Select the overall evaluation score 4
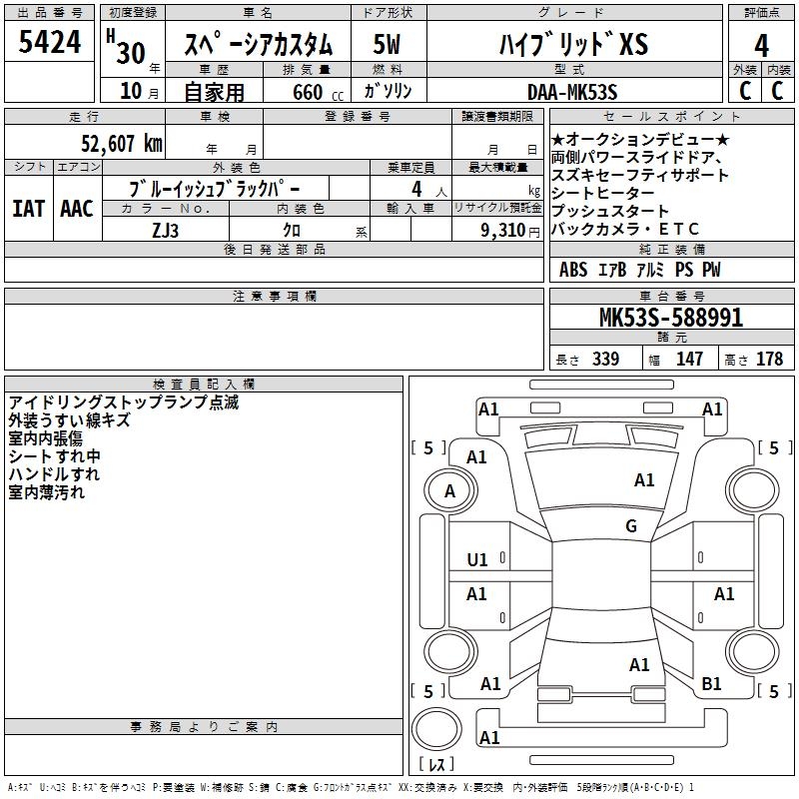tap(761, 45)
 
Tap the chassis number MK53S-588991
tap(670, 319)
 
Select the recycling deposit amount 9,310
tap(500, 230)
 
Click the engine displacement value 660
tap(308, 93)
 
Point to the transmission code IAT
tap(28, 209)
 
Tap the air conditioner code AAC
tap(77, 209)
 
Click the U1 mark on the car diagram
tap(477, 559)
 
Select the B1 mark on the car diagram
tap(711, 684)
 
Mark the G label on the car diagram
tap(631, 526)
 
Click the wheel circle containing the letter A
tap(449, 490)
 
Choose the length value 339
tap(604, 360)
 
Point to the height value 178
tap(770, 360)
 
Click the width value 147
tap(689, 360)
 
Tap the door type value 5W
tap(388, 45)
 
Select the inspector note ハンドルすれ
tap(54, 474)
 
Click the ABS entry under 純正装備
tap(573, 271)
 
